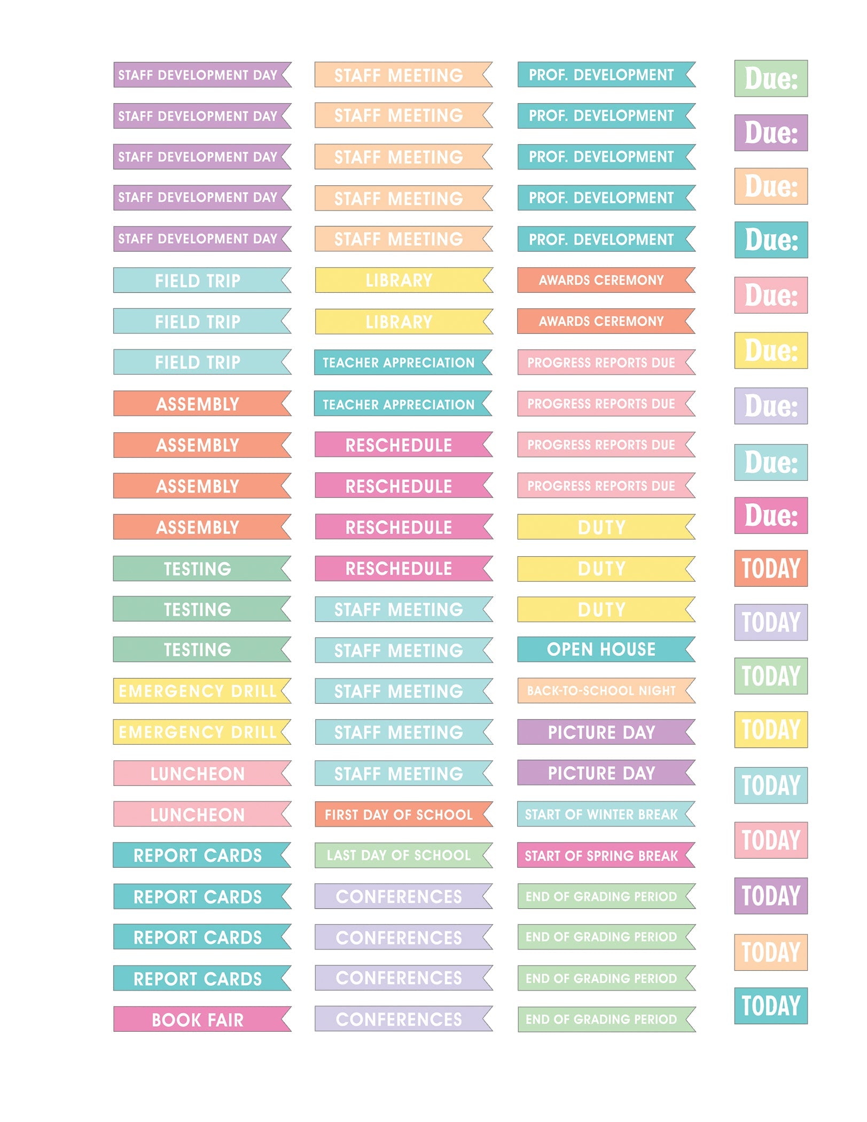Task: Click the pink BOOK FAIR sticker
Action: pos(198,1019)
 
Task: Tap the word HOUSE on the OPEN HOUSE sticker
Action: pos(628,649)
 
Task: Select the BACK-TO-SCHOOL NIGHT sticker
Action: pos(601,690)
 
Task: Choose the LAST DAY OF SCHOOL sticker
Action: pos(399,855)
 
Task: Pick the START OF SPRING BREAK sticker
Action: pos(601,856)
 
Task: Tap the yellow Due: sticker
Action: pos(771,351)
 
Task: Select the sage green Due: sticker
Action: pos(771,79)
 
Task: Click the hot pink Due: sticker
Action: pos(771,516)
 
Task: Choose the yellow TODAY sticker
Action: pos(771,730)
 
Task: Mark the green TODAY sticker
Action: pos(771,676)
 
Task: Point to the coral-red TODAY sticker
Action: pos(771,568)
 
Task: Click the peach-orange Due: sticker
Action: pos(771,186)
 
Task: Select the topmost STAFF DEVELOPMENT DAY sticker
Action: pos(198,75)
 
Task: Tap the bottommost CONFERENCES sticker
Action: pos(399,1019)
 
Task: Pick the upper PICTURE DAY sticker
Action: pos(601,732)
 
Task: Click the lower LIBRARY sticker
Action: pos(399,322)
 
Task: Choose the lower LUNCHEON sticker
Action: pos(198,815)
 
